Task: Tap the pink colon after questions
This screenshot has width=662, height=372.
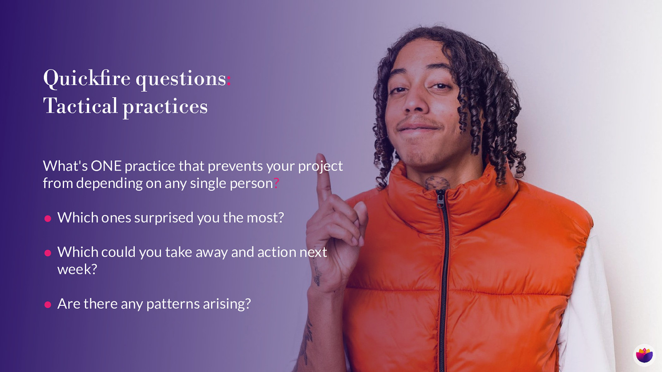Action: pyautogui.click(x=228, y=80)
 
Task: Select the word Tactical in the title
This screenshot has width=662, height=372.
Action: pyautogui.click(x=80, y=106)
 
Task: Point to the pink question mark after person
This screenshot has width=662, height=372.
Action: pyautogui.click(x=276, y=184)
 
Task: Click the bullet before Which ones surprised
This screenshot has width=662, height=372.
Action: pyautogui.click(x=48, y=219)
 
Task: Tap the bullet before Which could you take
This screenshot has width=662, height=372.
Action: pyautogui.click(x=48, y=253)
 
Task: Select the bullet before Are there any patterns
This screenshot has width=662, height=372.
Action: pyautogui.click(x=48, y=305)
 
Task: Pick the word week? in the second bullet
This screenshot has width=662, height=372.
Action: pyautogui.click(x=77, y=269)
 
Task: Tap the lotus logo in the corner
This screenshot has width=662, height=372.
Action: pyautogui.click(x=644, y=355)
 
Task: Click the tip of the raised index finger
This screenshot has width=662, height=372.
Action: pyautogui.click(x=320, y=155)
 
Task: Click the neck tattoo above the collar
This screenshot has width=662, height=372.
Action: pyautogui.click(x=437, y=183)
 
